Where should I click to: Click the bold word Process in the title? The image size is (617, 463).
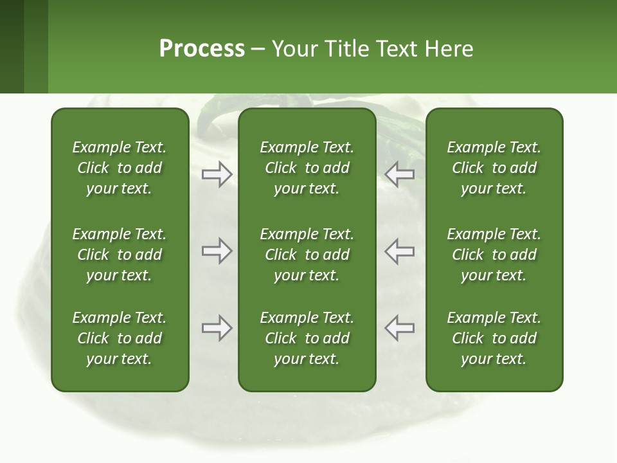(x=202, y=49)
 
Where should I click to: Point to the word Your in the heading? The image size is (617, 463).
(x=296, y=49)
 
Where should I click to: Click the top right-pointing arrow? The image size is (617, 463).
(x=217, y=174)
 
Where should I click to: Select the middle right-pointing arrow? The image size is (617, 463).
(x=217, y=251)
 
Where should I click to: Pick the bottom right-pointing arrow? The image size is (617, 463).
(x=217, y=328)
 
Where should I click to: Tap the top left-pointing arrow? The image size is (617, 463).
(x=399, y=174)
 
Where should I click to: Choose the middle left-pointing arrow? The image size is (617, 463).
(x=399, y=251)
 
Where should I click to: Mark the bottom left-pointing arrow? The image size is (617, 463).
(x=399, y=328)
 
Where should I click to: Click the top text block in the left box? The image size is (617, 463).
(x=120, y=168)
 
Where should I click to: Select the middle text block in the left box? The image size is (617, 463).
(x=120, y=255)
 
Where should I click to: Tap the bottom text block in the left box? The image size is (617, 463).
(x=120, y=338)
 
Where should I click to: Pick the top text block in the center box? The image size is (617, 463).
(x=307, y=168)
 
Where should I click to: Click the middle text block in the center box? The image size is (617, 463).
(x=307, y=255)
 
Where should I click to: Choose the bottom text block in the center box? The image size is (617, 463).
(x=307, y=338)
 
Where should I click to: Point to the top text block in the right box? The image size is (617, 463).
(x=494, y=168)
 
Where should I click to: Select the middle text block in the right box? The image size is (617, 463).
(x=494, y=255)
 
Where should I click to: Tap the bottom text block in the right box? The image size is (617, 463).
(x=494, y=338)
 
